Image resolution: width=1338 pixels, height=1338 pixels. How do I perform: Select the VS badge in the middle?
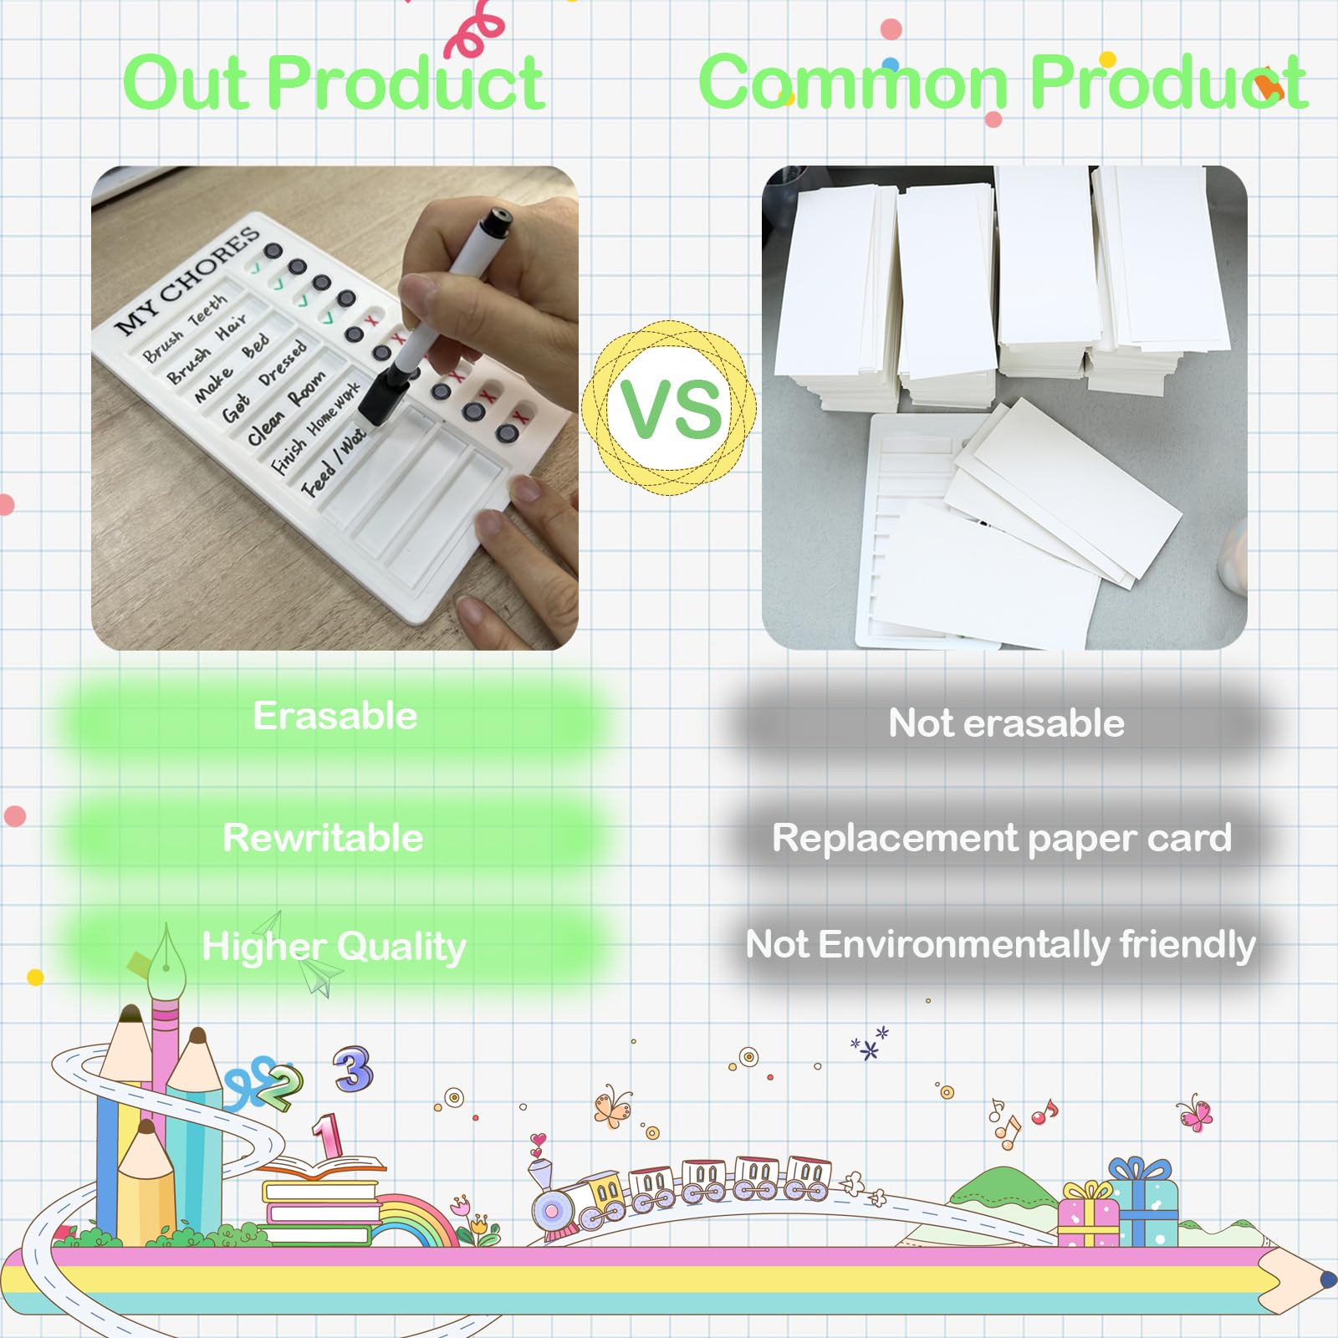coord(670,407)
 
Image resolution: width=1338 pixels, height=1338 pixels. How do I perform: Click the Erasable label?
coord(334,717)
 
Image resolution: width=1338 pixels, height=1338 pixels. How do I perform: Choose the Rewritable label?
coord(323,838)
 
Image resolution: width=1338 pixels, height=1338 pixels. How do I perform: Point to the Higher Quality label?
coord(334,947)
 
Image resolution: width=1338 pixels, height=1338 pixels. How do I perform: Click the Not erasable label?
coord(1006,723)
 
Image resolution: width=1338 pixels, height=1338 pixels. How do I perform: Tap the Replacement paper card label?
coord(1002,838)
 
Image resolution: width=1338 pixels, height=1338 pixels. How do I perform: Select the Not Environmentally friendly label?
coord(1000,945)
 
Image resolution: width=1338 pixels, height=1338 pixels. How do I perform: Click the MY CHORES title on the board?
coord(186,280)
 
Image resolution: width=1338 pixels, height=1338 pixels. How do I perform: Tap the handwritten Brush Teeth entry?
coord(184,329)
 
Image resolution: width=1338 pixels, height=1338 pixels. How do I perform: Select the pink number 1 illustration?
coord(327,1136)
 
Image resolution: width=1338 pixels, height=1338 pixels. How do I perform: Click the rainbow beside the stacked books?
coord(414,1221)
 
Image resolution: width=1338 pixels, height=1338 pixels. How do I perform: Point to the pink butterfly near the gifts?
coord(1194,1113)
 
